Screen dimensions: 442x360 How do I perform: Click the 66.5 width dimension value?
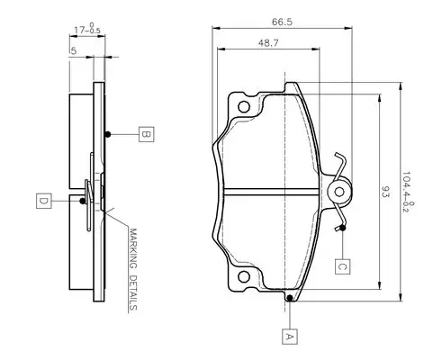282,22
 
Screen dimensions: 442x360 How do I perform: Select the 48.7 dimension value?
268,43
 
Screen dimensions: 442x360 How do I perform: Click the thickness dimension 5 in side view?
74,50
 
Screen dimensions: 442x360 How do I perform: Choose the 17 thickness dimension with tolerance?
87,28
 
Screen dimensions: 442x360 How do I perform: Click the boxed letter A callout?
289,337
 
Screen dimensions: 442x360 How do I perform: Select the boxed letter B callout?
146,134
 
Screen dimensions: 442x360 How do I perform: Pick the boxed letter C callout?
342,266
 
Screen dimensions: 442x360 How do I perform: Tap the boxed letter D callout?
43,201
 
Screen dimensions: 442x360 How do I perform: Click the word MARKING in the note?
132,248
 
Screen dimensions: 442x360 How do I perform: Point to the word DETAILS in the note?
133,292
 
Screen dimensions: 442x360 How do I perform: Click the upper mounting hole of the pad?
244,106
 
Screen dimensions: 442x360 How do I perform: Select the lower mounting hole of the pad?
244,276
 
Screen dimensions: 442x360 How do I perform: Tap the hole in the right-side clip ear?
339,192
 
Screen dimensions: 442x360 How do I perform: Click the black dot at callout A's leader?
290,298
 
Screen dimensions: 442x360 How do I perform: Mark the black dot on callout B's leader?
108,134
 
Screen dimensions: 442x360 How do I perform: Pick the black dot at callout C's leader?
342,228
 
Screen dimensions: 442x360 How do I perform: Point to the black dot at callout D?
83,201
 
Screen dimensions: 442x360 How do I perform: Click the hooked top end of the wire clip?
338,155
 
